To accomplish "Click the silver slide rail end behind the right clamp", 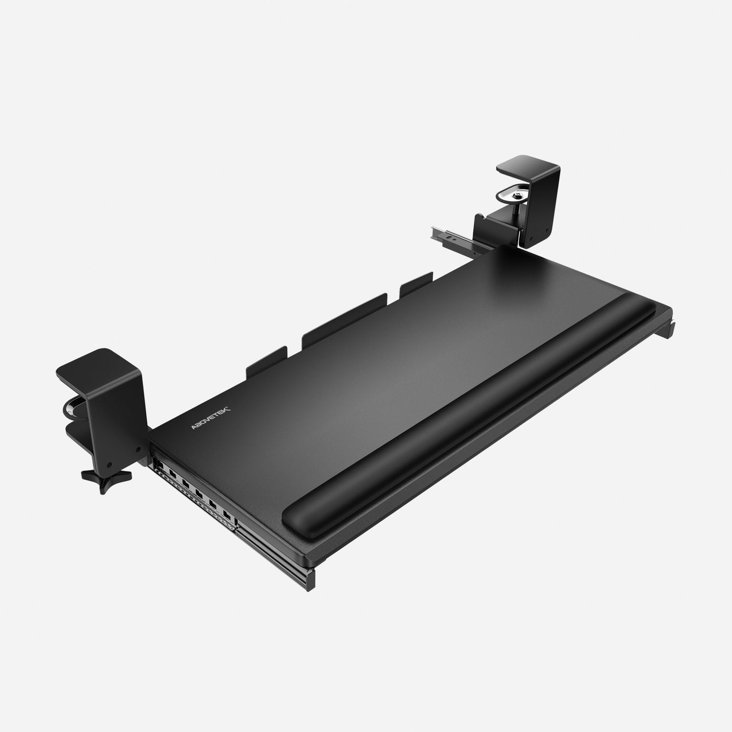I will coord(441,233).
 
